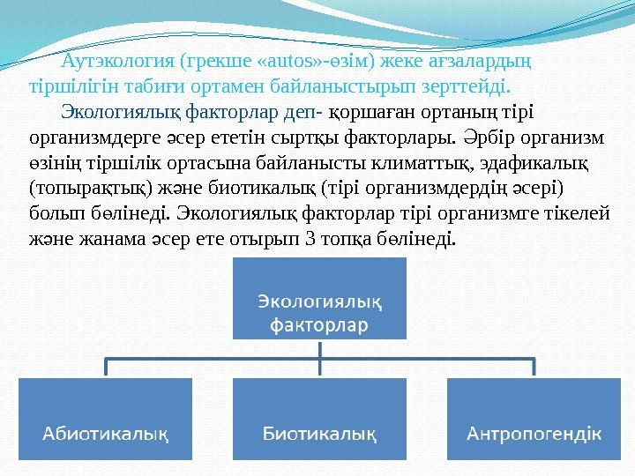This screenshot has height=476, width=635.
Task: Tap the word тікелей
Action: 579,213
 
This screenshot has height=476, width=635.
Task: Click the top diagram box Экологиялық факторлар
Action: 319,299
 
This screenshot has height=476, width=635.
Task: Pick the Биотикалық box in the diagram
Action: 319,419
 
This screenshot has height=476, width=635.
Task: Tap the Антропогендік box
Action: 534,419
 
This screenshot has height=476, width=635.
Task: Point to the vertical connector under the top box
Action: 319,349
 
